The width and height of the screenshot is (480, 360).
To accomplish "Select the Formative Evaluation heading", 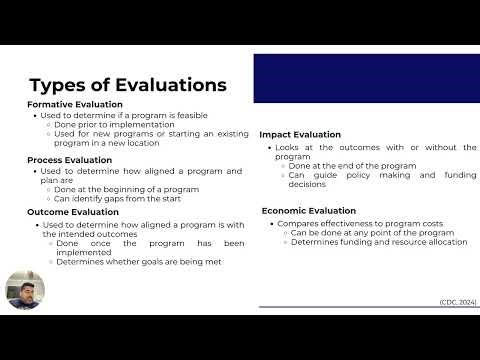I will [75, 104].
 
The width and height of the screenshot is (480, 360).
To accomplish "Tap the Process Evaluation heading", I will [70, 159].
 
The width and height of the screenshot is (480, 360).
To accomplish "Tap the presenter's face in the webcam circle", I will [25, 291].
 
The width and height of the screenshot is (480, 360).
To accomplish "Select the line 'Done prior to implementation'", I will [115, 124].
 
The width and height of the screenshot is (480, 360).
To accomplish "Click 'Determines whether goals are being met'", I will [138, 262].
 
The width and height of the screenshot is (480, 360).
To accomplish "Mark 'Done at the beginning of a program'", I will [127, 189].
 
